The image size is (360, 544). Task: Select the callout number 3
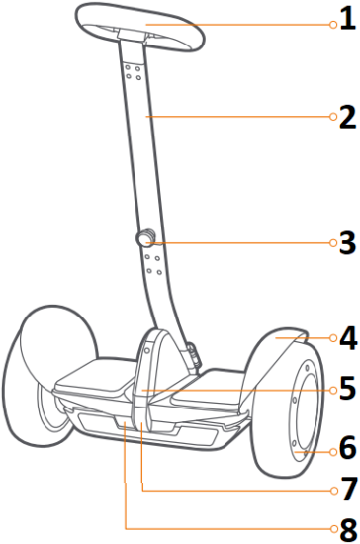point(346,242)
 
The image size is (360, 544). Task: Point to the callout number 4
point(346,338)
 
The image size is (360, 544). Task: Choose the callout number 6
point(346,450)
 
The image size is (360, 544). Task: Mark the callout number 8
point(346,526)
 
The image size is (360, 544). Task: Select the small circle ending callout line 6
point(332,451)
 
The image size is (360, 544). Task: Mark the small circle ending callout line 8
point(332,526)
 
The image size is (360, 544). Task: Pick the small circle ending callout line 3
point(332,242)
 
